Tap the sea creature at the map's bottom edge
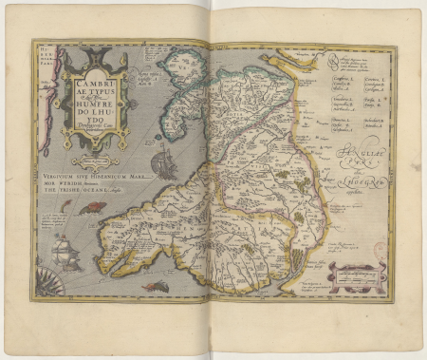point(153,286)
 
